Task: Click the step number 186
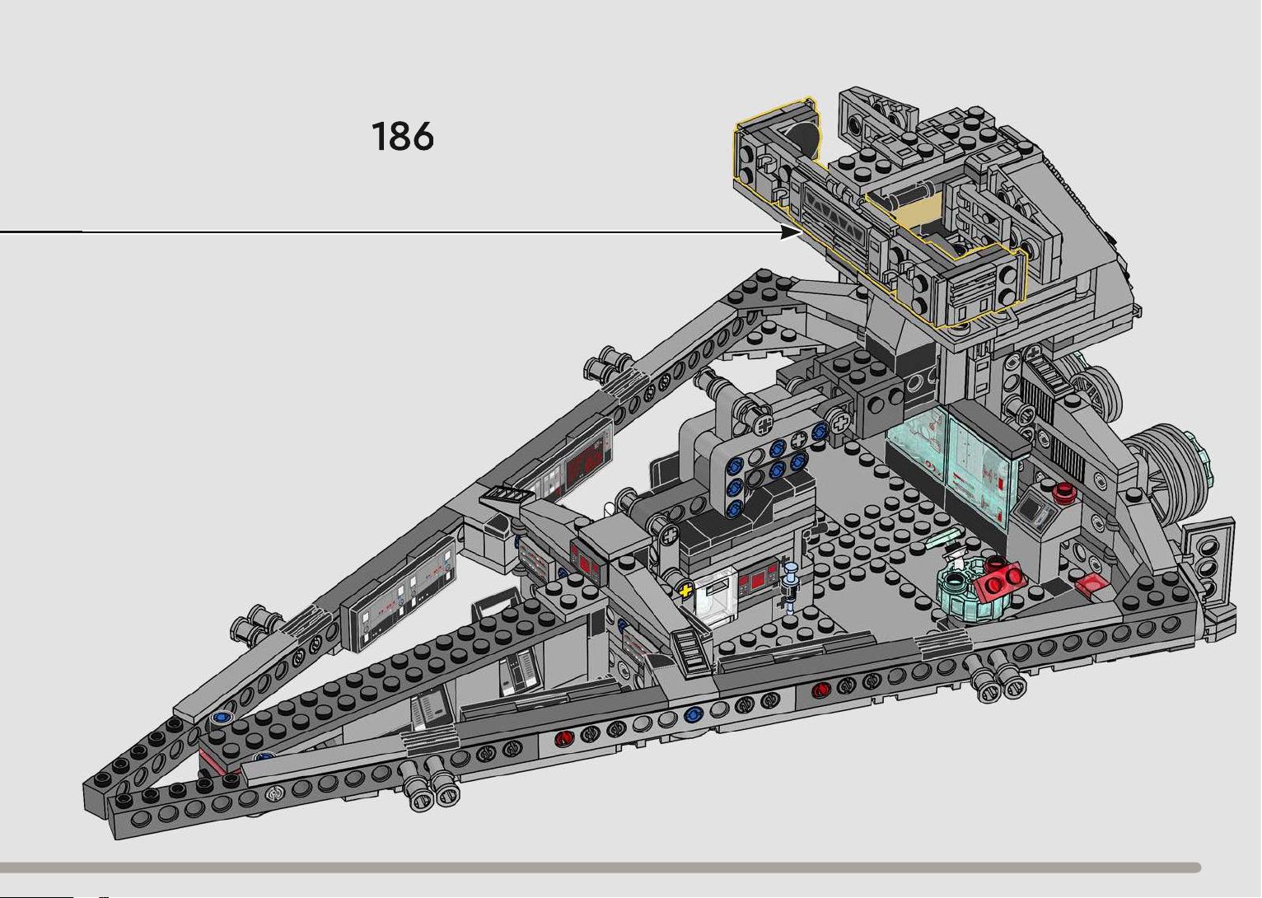click(x=403, y=136)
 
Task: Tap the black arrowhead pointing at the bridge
click(x=791, y=232)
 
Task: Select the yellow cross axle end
click(x=685, y=591)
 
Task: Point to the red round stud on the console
click(x=1063, y=491)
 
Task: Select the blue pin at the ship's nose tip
click(x=222, y=717)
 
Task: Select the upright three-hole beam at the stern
click(x=1208, y=559)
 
